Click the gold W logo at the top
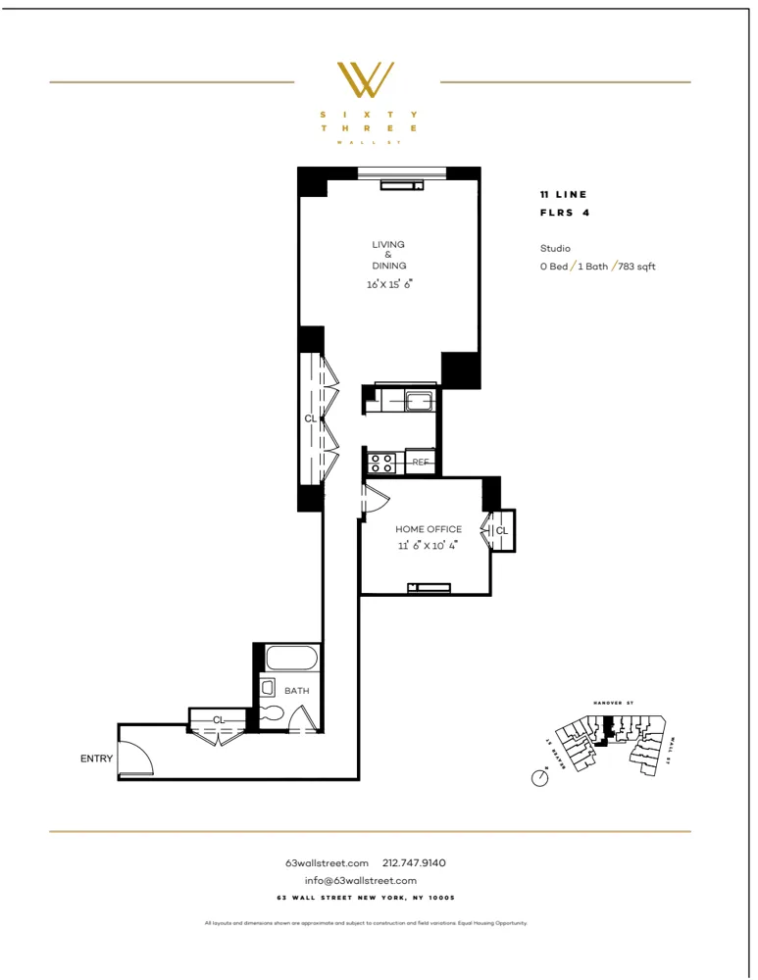click(366, 80)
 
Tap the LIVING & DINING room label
click(388, 255)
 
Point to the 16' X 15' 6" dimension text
click(388, 284)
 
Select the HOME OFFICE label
click(429, 529)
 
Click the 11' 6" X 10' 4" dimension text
click(429, 546)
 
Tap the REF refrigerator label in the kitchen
click(420, 462)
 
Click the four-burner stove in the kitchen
click(381, 462)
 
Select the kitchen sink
click(419, 400)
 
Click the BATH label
click(296, 690)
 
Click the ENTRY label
click(96, 759)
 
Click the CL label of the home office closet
click(501, 531)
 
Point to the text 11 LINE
click(563, 195)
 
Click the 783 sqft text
click(637, 266)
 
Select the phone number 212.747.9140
click(414, 862)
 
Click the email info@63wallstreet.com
click(360, 880)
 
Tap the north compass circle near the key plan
click(538, 778)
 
